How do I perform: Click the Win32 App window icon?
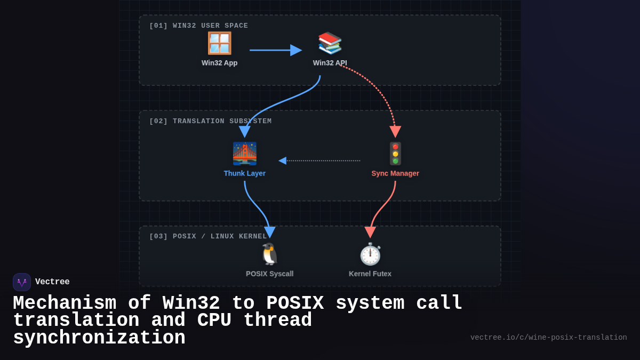pyautogui.click(x=219, y=43)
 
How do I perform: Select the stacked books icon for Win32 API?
pyautogui.click(x=330, y=43)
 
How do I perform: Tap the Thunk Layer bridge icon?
pyautogui.click(x=244, y=154)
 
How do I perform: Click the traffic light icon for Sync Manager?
pyautogui.click(x=395, y=154)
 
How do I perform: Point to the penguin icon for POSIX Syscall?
pyautogui.click(x=269, y=254)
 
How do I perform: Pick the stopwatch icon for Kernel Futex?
pyautogui.click(x=370, y=254)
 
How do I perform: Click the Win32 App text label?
pyautogui.click(x=219, y=63)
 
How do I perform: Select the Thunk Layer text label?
pyautogui.click(x=244, y=173)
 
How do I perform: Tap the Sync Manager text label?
pyautogui.click(x=395, y=173)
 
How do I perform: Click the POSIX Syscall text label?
pyautogui.click(x=269, y=274)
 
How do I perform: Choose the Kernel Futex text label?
pyautogui.click(x=370, y=274)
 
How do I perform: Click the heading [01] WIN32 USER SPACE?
pyautogui.click(x=198, y=26)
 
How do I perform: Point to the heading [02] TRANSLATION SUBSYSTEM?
pyautogui.click(x=210, y=121)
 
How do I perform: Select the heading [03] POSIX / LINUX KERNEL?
pyautogui.click(x=208, y=236)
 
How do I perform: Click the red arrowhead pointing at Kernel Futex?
pyautogui.click(x=370, y=232)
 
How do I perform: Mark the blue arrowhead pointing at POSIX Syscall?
pyautogui.click(x=270, y=232)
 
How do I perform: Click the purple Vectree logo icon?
pyautogui.click(x=22, y=282)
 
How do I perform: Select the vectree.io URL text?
pyautogui.click(x=548, y=338)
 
